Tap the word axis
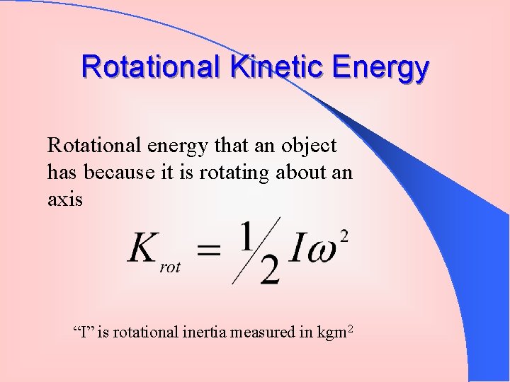pos(65,199)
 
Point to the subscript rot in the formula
pos(170,267)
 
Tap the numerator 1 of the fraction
pos(246,236)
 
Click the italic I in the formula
pos(296,250)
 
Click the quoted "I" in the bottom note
pos(84,331)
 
